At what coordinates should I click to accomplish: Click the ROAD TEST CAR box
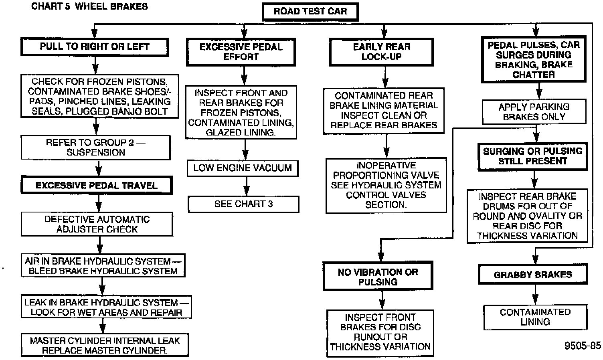point(310,12)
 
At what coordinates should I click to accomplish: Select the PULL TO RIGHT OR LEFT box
point(95,47)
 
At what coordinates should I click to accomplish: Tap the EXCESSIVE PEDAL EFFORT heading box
point(241,52)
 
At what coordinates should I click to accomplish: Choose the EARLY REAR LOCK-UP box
point(381,52)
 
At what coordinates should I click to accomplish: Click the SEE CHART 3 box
point(243,204)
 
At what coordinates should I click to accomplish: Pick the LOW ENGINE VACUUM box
point(243,168)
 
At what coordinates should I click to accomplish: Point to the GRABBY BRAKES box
point(533,275)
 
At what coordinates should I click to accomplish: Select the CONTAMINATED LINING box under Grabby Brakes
point(535,317)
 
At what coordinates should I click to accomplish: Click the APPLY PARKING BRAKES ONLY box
point(534,112)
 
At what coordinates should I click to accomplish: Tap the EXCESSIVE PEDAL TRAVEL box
point(97,186)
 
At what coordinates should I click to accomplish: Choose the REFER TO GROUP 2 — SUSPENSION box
point(96,147)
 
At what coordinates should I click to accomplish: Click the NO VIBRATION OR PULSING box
point(378,277)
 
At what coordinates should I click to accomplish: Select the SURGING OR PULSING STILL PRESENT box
point(533,156)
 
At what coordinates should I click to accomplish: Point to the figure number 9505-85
point(583,346)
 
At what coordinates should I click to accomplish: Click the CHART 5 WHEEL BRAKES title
point(89,6)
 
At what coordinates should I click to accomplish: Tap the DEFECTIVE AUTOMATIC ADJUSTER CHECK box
point(97,224)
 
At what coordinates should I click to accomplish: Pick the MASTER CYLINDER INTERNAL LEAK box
point(105,345)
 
